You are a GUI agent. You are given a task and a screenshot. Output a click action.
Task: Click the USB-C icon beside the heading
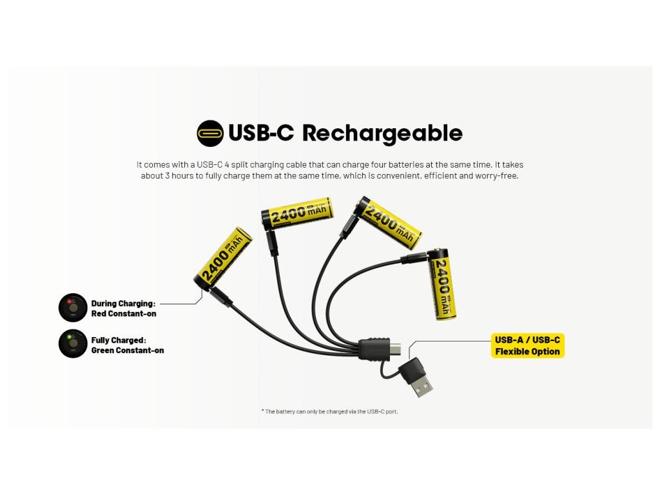(209, 133)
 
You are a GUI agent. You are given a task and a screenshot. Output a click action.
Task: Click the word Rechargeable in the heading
(382, 133)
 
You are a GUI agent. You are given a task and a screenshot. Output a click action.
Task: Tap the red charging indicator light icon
(73, 307)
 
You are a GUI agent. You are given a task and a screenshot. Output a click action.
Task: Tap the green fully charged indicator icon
(73, 344)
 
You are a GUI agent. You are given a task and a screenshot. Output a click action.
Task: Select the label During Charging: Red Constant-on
(124, 308)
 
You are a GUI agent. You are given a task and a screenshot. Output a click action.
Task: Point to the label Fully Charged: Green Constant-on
(127, 345)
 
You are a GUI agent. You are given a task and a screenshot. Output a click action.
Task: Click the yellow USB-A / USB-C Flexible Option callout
(527, 345)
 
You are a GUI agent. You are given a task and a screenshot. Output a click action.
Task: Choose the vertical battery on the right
(443, 284)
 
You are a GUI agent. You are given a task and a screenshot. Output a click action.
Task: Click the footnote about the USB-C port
(329, 411)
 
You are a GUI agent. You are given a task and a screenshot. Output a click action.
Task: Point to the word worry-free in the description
(499, 175)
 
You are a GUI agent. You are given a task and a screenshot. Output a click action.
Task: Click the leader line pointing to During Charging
(179, 303)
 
